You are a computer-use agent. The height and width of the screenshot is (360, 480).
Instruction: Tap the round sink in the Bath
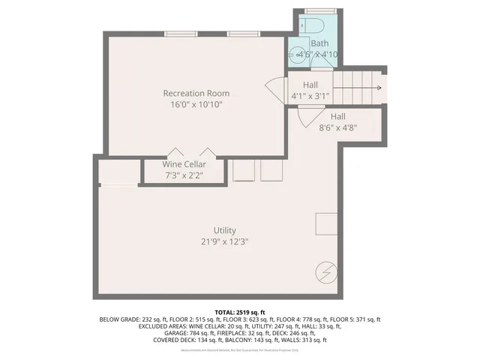tap(297, 54)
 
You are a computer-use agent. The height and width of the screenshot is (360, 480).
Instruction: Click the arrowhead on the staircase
tap(380, 88)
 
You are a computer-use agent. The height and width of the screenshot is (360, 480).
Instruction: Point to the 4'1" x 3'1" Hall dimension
tap(310, 96)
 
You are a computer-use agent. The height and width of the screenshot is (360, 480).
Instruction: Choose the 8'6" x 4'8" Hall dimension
tap(337, 127)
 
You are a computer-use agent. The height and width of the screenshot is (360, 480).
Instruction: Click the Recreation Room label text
tap(196, 93)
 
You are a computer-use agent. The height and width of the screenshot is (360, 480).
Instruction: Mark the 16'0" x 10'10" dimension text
tap(196, 105)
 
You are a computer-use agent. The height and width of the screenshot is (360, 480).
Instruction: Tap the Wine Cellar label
tap(184, 164)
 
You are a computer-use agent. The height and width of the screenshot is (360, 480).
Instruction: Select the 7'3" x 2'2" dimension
tap(184, 175)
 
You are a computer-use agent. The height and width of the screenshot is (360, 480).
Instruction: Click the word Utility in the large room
tap(224, 230)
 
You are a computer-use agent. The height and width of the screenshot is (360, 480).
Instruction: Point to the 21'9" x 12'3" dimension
tap(224, 242)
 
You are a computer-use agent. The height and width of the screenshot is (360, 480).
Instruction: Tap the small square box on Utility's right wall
tap(326, 224)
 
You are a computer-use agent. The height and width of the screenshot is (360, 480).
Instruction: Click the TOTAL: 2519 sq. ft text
tap(239, 312)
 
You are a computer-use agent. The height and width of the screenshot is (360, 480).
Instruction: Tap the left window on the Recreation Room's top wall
tap(181, 34)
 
